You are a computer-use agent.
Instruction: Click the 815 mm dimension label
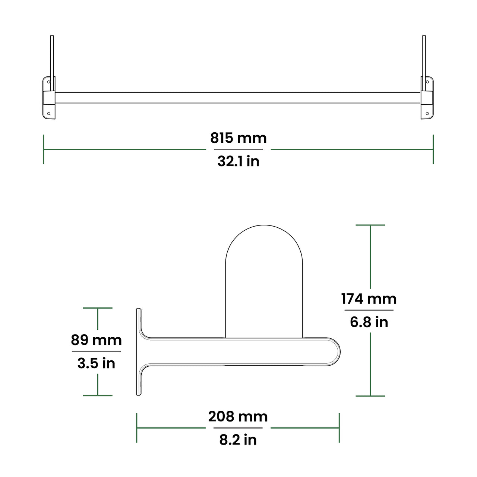point(238,138)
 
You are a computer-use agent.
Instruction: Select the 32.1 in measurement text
point(238,161)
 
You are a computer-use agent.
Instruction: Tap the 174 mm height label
point(369,299)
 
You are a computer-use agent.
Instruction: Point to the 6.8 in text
point(369,322)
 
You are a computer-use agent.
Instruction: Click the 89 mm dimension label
point(97,340)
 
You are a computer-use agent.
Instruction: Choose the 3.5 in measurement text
point(97,363)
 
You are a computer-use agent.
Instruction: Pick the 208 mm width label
point(238,417)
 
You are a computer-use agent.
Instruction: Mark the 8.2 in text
point(238,440)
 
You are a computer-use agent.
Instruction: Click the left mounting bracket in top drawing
point(48,98)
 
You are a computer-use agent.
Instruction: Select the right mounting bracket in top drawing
point(427,98)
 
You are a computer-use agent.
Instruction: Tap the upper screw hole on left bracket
point(48,82)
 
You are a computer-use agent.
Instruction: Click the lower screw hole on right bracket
point(427,113)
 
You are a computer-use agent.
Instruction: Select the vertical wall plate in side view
point(139,352)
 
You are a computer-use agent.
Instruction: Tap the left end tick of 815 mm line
point(44,149)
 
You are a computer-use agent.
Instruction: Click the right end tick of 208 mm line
point(339,428)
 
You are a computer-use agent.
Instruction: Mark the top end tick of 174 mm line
point(370,225)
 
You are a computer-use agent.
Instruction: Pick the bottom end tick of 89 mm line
point(98,395)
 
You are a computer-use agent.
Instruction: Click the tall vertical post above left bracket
point(52,56)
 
